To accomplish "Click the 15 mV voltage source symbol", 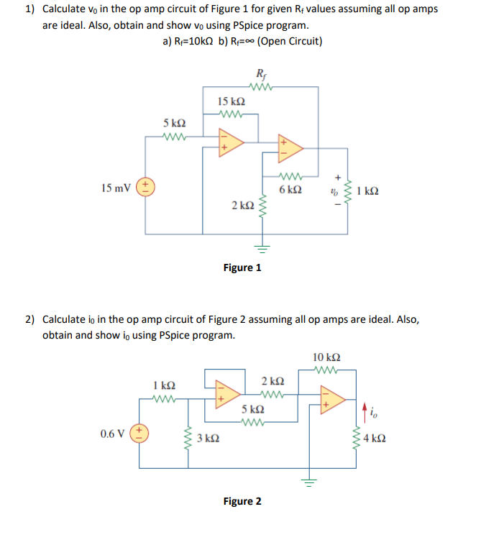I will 146,188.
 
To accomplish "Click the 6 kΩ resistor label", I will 290,190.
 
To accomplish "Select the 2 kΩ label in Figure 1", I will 242,205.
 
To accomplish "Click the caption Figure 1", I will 242,267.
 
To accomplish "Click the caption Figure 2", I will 242,501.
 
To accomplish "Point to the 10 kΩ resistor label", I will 327,357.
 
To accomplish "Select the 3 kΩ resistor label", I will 208,438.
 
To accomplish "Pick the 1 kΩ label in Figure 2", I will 165,385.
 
